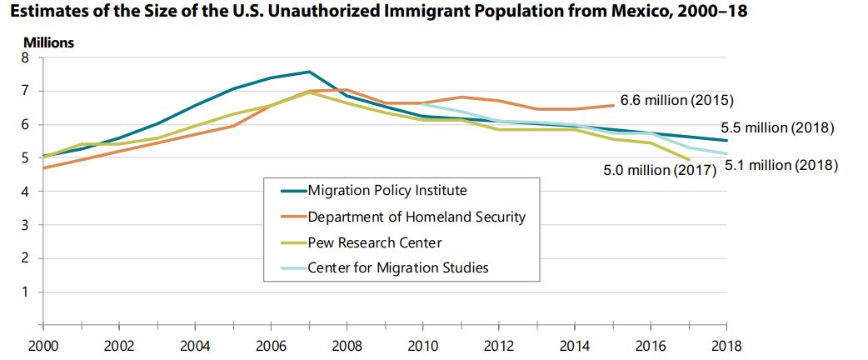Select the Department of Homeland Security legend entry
point(417,217)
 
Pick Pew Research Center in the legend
point(374,242)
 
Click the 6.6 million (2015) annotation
point(676,101)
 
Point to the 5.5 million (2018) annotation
point(777,128)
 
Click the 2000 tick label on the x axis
point(41,346)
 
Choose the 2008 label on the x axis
point(347,346)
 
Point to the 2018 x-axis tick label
point(727,346)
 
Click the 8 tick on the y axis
point(25,57)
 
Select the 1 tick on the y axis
point(25,292)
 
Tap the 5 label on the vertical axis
point(25,157)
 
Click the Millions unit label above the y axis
point(48,42)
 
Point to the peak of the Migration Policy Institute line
point(309,72)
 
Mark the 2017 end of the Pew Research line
point(690,159)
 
